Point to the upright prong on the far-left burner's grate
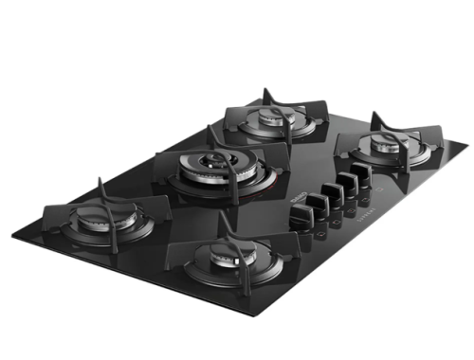coord(100,182)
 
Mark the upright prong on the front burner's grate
coord(225,220)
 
